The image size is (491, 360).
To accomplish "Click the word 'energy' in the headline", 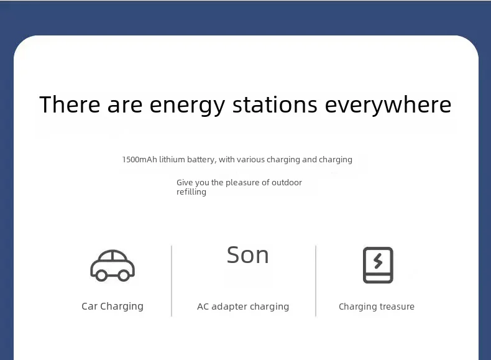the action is tap(187, 106).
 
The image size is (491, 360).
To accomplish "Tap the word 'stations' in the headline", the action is tap(275, 104).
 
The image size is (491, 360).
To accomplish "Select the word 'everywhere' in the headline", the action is tap(388, 106).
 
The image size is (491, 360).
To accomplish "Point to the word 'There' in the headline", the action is tap(70, 104).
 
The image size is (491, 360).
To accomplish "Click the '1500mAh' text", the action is tap(139, 159).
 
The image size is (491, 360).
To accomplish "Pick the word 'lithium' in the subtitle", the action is tap(172, 159).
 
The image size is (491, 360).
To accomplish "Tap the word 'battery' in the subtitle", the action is tap(201, 160).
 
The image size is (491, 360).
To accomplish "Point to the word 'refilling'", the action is tap(191, 192).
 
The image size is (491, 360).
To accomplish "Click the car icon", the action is tap(112, 265).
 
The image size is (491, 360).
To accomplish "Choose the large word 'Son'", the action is tap(248, 255).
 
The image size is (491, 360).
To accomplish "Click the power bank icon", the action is tap(378, 265).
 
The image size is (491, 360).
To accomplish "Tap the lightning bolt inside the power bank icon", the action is tap(378, 261).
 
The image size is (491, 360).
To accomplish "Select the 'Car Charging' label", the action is tap(112, 307).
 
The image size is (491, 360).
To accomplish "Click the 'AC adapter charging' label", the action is tap(243, 307).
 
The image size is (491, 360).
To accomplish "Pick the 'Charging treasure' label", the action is tap(377, 307).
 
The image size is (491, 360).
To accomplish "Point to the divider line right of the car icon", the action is tap(172, 281).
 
